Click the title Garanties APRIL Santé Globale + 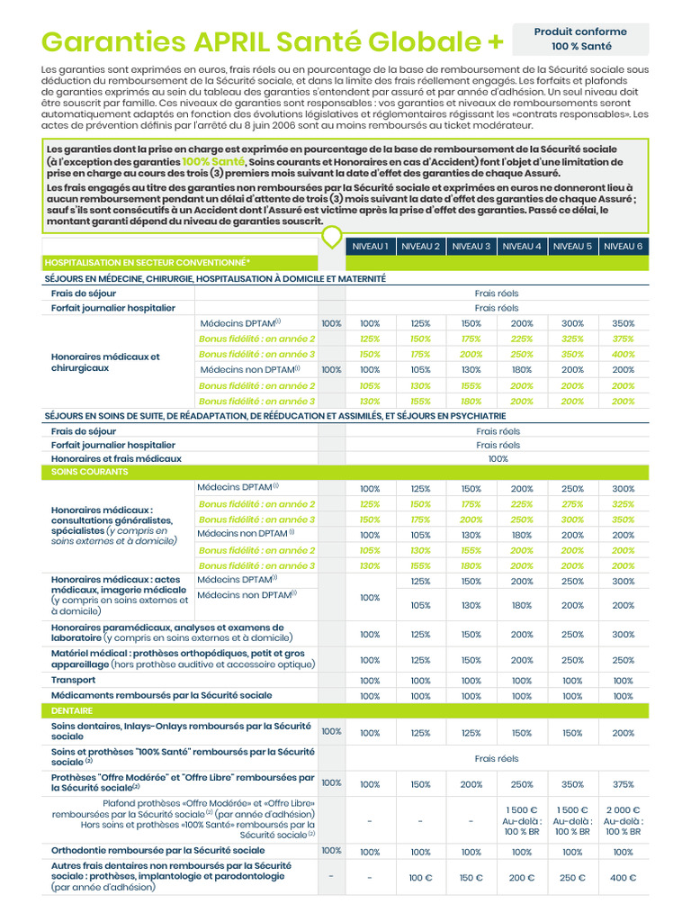click(274, 41)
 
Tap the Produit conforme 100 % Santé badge click(580, 39)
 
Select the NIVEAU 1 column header click(370, 246)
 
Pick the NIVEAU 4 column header click(522, 246)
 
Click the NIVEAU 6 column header click(623, 246)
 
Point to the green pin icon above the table click(332, 237)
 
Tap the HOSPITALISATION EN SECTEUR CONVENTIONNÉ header click(148, 263)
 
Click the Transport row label click(74, 680)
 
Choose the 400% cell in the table click(623, 354)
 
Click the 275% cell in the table click(572, 504)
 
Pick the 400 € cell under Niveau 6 click(623, 878)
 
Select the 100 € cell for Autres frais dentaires click(420, 878)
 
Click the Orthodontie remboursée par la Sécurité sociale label click(158, 850)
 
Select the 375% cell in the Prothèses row click(623, 783)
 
